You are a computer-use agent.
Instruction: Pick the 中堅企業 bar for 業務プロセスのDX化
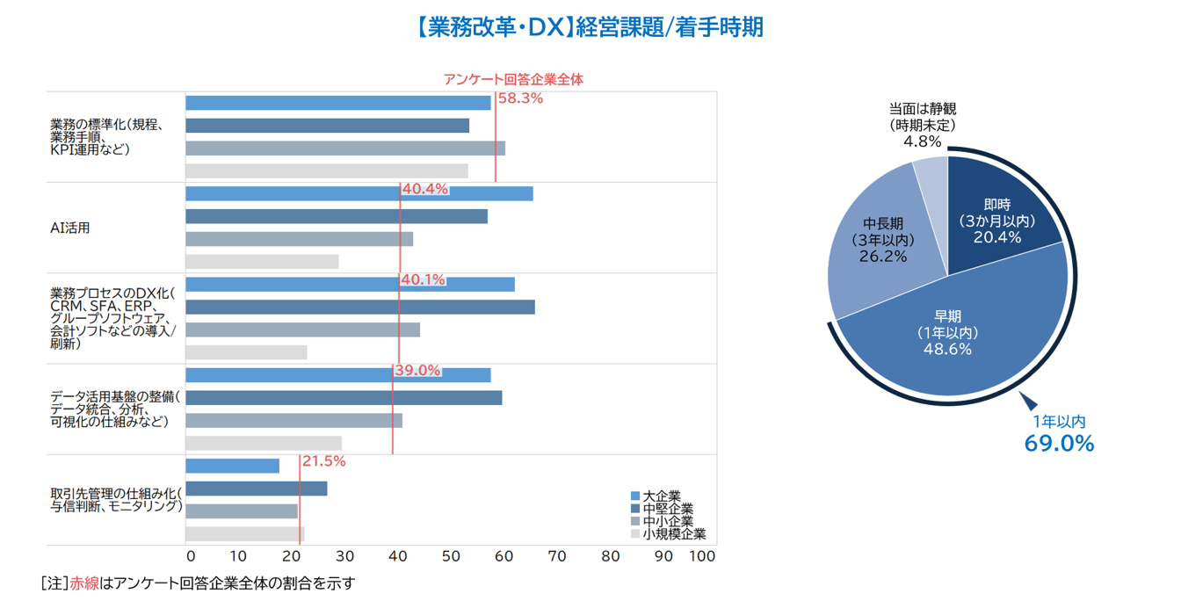tap(360, 307)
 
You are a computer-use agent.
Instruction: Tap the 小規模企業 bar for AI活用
tap(262, 262)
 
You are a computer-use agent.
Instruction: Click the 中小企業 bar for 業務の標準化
tap(345, 148)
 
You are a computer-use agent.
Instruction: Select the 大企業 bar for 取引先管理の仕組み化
tap(233, 466)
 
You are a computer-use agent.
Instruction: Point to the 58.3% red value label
tap(520, 98)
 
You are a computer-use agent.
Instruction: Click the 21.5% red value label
tap(323, 460)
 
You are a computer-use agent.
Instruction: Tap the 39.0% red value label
tap(417, 370)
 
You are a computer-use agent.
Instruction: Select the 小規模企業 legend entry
tap(667, 533)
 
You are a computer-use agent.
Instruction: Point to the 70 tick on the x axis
tap(557, 556)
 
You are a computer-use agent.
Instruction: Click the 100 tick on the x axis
tap(703, 556)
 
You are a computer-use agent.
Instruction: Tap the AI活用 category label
tap(70, 228)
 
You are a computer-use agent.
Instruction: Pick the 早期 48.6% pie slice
tap(949, 343)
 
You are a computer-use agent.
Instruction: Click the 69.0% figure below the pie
tap(1059, 444)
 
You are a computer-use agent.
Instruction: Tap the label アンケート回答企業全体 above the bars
tap(513, 79)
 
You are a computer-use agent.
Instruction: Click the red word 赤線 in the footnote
tap(84, 583)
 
